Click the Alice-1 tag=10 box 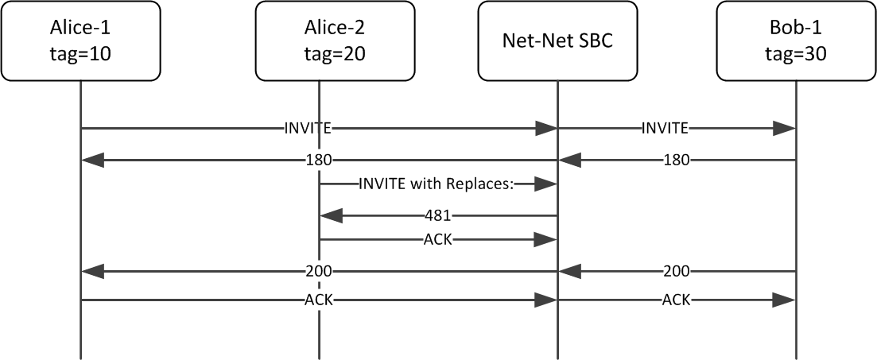coord(80,41)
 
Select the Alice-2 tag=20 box coord(318,41)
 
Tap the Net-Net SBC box coord(557,41)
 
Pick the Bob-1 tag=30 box coord(795,41)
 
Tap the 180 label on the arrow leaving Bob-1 coord(676,161)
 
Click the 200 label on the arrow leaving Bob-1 coord(676,272)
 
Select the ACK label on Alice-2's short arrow coord(437,239)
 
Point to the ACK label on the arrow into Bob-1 coord(676,300)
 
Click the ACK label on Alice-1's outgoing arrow coord(318,300)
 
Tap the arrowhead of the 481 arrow coord(330,215)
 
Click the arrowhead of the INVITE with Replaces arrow coord(545,184)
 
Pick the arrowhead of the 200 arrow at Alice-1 coord(91,272)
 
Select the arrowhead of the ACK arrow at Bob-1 coord(784,300)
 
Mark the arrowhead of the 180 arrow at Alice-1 coord(91,161)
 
